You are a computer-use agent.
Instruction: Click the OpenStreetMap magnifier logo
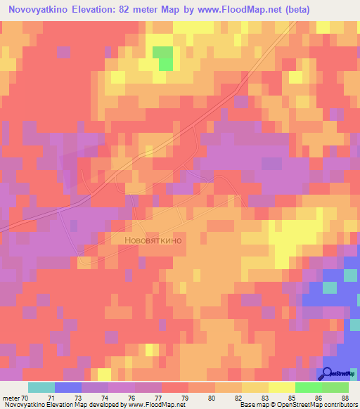328,372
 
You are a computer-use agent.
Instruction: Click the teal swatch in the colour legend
41,387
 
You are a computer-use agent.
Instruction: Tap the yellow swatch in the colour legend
282,387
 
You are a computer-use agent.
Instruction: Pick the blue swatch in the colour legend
68,387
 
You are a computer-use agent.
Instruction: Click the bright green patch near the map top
163,58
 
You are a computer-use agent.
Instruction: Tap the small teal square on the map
330,287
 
